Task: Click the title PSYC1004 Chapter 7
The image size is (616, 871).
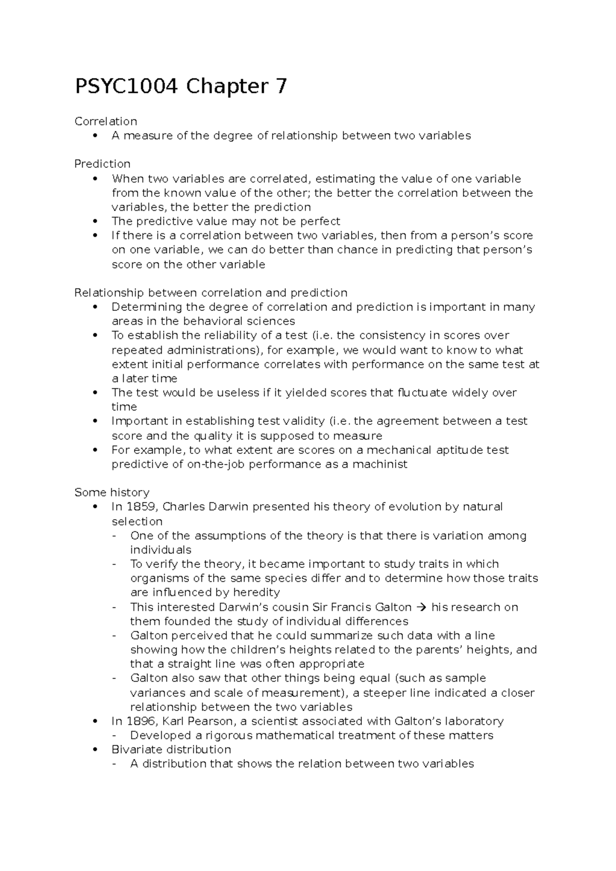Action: (181, 86)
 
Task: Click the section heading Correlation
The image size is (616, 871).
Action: (106, 121)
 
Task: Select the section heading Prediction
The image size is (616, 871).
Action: (102, 164)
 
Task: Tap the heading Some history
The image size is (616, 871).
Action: (112, 492)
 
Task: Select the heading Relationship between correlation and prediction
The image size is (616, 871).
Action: (211, 292)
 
